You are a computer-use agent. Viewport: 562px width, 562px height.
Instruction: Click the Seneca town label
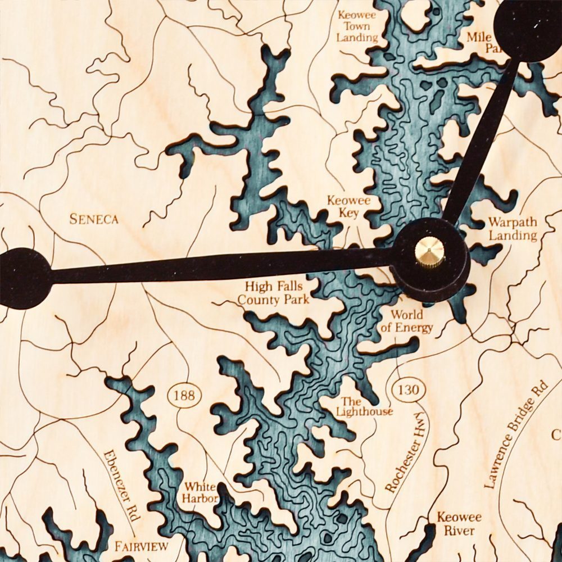[94, 219]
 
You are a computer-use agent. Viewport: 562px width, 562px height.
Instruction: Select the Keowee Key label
[349, 207]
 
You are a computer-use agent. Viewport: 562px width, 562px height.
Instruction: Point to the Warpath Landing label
[512, 228]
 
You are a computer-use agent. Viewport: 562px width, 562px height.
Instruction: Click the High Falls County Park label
[274, 293]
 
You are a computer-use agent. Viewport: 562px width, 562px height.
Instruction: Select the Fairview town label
[142, 546]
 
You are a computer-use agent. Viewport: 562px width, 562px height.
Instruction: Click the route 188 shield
[184, 396]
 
